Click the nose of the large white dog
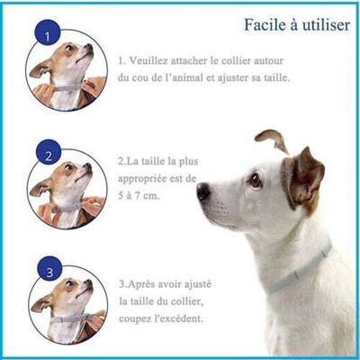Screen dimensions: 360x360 202,192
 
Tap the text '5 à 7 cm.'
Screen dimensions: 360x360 141,194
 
